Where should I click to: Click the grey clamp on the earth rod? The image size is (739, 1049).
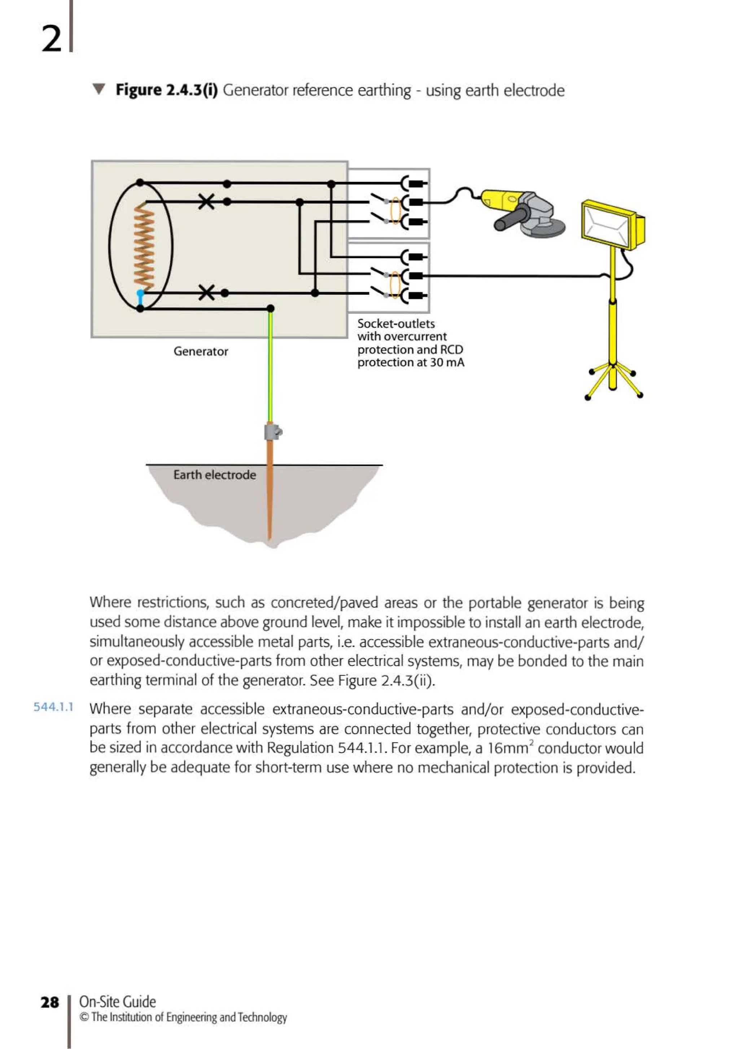(272, 432)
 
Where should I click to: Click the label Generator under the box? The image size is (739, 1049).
(201, 351)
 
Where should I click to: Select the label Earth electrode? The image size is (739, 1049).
(214, 475)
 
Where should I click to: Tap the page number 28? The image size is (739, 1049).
(50, 1002)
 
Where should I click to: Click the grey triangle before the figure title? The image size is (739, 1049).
(98, 89)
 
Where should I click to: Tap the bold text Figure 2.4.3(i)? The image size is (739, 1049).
(166, 90)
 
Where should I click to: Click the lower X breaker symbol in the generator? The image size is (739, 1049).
(206, 293)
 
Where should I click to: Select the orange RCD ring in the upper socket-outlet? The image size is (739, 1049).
(396, 211)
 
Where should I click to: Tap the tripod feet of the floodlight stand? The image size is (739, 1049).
(612, 382)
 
